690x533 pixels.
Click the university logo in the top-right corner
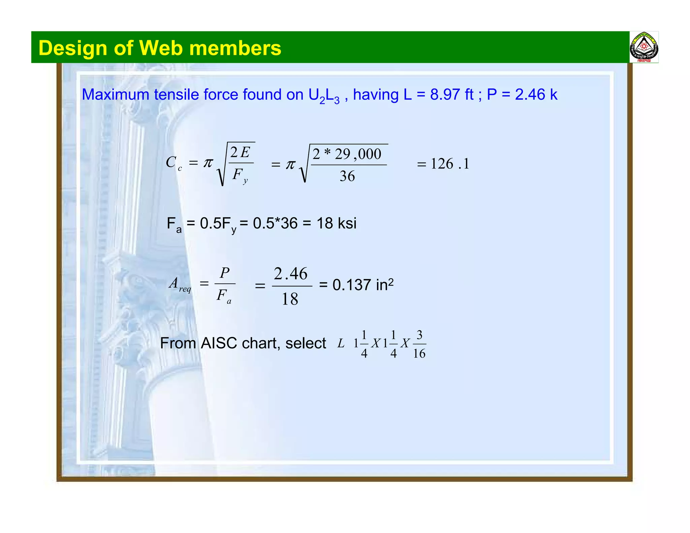click(x=644, y=47)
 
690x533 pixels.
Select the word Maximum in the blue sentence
click(x=116, y=95)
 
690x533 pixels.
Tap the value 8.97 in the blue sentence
click(x=445, y=95)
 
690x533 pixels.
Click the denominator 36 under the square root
click(x=347, y=176)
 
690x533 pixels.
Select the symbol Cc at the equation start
click(x=174, y=163)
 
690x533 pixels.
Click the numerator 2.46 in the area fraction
click(x=290, y=274)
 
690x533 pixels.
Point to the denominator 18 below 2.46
click(x=290, y=299)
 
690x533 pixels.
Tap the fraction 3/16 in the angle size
click(x=419, y=344)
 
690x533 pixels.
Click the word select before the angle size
click(x=306, y=343)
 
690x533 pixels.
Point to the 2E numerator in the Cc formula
click(x=240, y=153)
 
